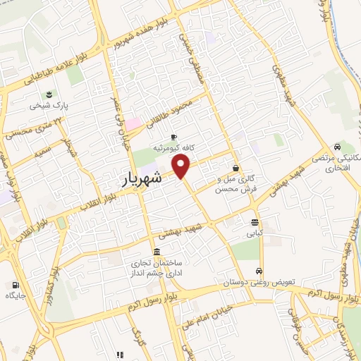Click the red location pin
pyautogui.click(x=182, y=166)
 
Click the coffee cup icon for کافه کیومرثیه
pyautogui.click(x=174, y=137)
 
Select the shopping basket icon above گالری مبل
pyautogui.click(x=235, y=168)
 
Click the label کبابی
pyautogui.click(x=254, y=230)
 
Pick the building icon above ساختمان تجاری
pyautogui.click(x=156, y=252)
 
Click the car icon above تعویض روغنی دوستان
pyautogui.click(x=260, y=271)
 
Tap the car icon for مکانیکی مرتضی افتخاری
pyautogui.click(x=338, y=147)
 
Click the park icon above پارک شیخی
pyautogui.click(x=49, y=94)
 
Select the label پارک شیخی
pyautogui.click(x=47, y=106)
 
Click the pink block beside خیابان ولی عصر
pyautogui.click(x=133, y=123)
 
